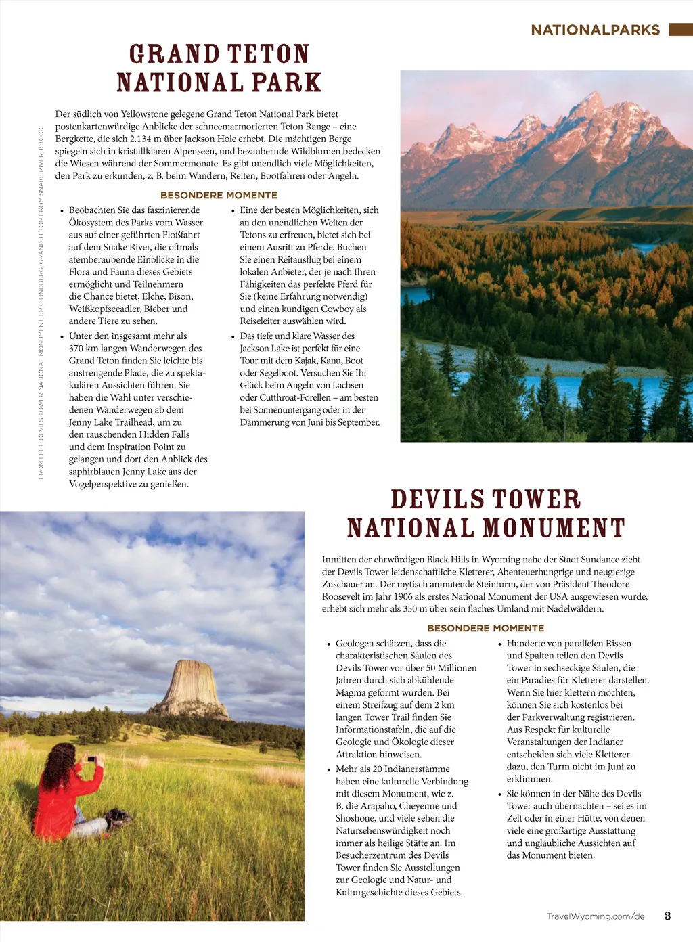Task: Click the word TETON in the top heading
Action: [x=267, y=54]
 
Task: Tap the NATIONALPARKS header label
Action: [x=595, y=30]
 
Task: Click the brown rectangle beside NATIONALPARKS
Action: [x=680, y=29]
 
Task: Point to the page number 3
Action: [x=667, y=916]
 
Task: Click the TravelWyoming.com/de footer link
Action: [x=596, y=916]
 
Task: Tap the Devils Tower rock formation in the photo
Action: [x=192, y=687]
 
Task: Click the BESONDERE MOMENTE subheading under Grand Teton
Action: [x=219, y=195]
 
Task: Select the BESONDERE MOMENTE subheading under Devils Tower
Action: [x=485, y=628]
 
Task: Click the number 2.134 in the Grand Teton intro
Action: [x=141, y=139]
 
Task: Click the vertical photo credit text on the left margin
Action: [x=41, y=302]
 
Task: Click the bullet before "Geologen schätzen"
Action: [x=329, y=644]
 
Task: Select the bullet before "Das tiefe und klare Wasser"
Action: [x=233, y=336]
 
